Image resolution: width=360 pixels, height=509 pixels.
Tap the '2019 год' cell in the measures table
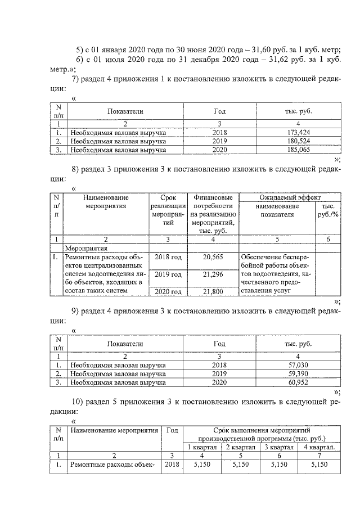[x=168, y=274]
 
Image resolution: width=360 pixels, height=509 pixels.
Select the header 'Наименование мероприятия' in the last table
[x=114, y=430]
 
